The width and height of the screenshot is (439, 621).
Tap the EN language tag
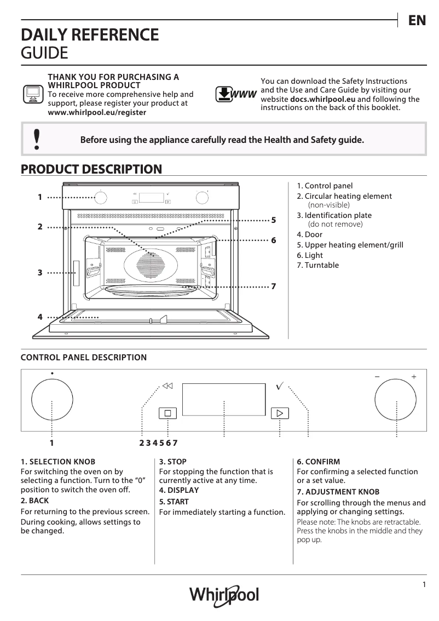(417, 21)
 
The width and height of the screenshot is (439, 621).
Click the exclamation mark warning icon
(36, 139)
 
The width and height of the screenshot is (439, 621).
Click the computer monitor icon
(33, 94)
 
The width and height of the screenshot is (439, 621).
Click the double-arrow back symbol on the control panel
(167, 386)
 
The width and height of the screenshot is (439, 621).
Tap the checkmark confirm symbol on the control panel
(279, 387)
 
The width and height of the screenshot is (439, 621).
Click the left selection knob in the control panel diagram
(51, 400)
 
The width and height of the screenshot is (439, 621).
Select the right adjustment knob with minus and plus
(395, 400)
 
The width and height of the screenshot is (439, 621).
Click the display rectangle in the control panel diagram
(224, 399)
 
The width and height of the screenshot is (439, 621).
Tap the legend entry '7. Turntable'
(317, 265)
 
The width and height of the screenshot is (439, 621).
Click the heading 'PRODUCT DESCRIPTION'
(91, 169)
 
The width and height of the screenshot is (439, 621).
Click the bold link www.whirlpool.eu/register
(97, 112)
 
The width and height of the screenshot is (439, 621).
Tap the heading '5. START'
(174, 501)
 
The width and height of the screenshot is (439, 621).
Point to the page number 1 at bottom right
(424, 584)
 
